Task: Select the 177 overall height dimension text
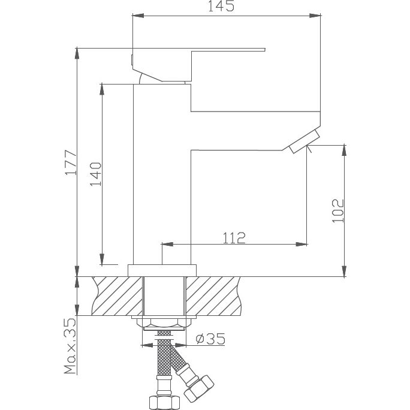[71, 162]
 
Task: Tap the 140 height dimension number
[96, 174]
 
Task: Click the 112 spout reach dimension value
[234, 238]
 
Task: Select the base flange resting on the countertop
[162, 270]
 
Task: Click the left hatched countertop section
[117, 296]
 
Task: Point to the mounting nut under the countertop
[162, 324]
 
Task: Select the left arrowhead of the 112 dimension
[168, 244]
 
